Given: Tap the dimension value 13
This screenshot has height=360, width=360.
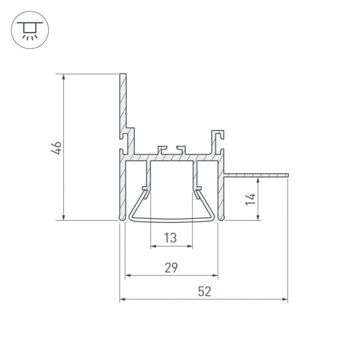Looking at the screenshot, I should (170, 238).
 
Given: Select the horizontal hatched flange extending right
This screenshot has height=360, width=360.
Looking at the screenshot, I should (257, 175).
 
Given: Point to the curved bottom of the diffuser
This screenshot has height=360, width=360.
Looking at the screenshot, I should (171, 219).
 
